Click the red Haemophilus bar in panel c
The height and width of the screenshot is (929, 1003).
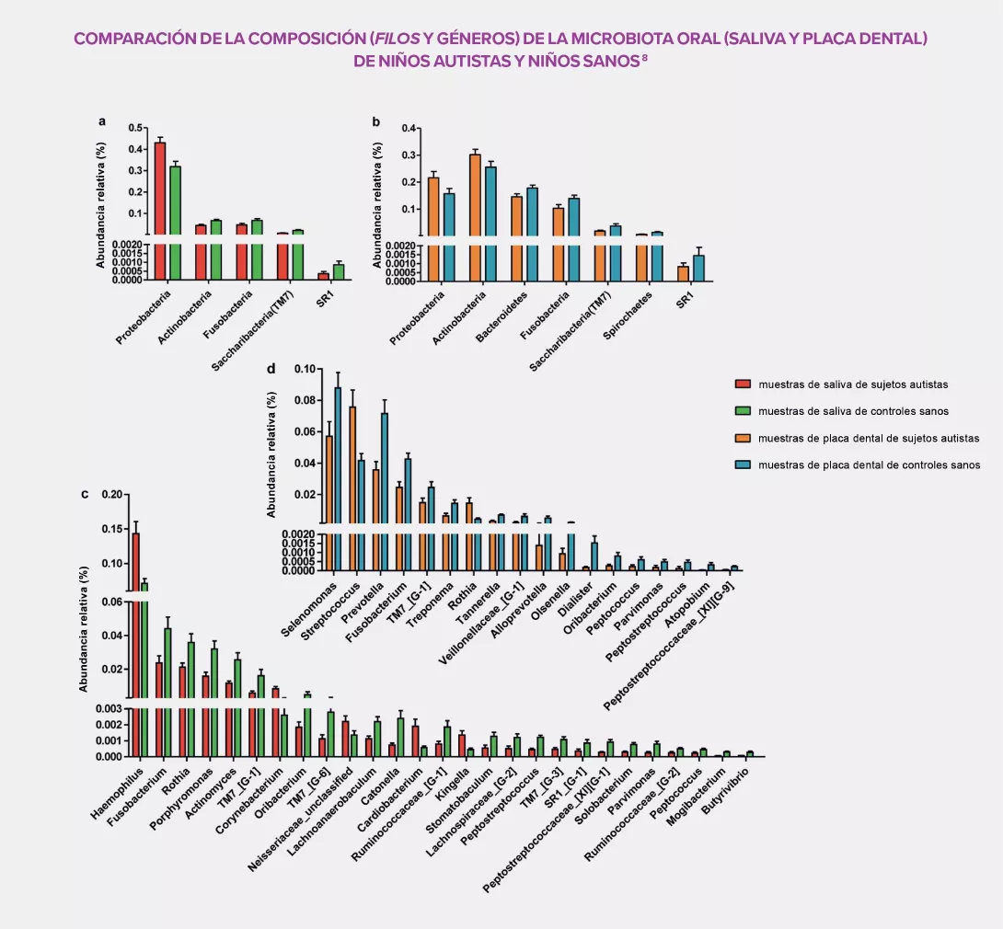136,644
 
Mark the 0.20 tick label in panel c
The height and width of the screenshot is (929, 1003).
110,495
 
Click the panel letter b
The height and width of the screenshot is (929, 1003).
376,121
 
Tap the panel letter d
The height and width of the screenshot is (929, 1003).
271,370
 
